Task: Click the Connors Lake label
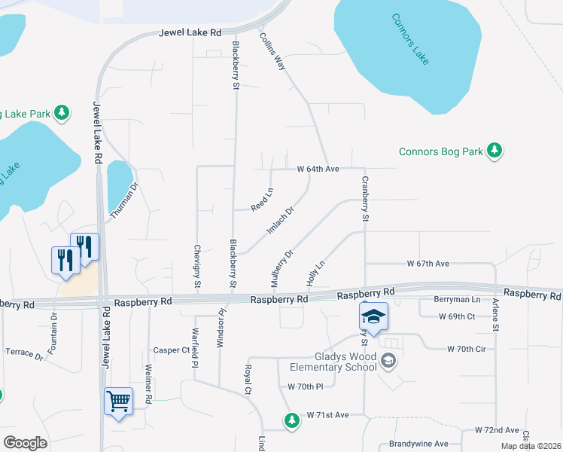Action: point(410,39)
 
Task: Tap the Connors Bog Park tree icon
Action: point(494,151)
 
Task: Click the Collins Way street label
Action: point(272,51)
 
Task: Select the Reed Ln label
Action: point(261,201)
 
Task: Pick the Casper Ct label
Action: point(172,350)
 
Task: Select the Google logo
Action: point(25,443)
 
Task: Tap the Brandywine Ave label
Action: point(418,444)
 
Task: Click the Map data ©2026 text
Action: point(531,446)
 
